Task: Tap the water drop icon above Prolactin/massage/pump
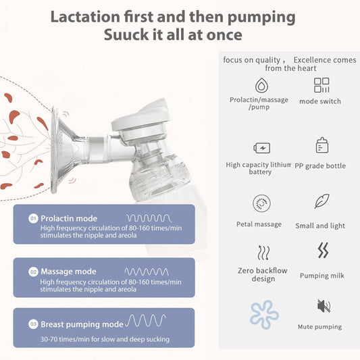point(259,85)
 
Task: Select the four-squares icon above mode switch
point(322,85)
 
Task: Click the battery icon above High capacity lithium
point(261,147)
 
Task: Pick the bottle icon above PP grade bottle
point(322,146)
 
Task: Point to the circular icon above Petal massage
point(260,204)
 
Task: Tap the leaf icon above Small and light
point(322,201)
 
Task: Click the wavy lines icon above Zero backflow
point(263,253)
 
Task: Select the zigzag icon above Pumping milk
point(323,251)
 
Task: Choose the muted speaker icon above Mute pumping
point(324,307)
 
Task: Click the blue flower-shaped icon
point(263,314)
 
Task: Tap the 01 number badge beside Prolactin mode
point(32,219)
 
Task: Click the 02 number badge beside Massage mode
point(32,272)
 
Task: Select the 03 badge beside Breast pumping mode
point(32,324)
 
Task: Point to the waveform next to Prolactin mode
point(149,218)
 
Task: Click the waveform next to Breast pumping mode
point(145,320)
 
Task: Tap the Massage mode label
point(68,272)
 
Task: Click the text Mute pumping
point(319,327)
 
